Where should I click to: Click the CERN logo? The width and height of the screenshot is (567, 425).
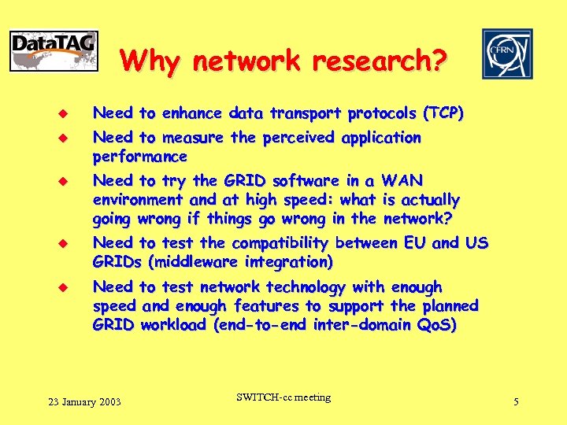pos(507,54)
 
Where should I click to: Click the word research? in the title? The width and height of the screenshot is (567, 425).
pos(385,60)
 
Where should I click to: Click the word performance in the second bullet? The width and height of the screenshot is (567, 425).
pos(139,156)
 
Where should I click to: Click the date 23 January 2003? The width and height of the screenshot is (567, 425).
pos(84,402)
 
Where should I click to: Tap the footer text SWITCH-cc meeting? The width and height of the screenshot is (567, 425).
pos(283,397)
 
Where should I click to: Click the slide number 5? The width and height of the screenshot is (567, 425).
pos(516,402)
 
